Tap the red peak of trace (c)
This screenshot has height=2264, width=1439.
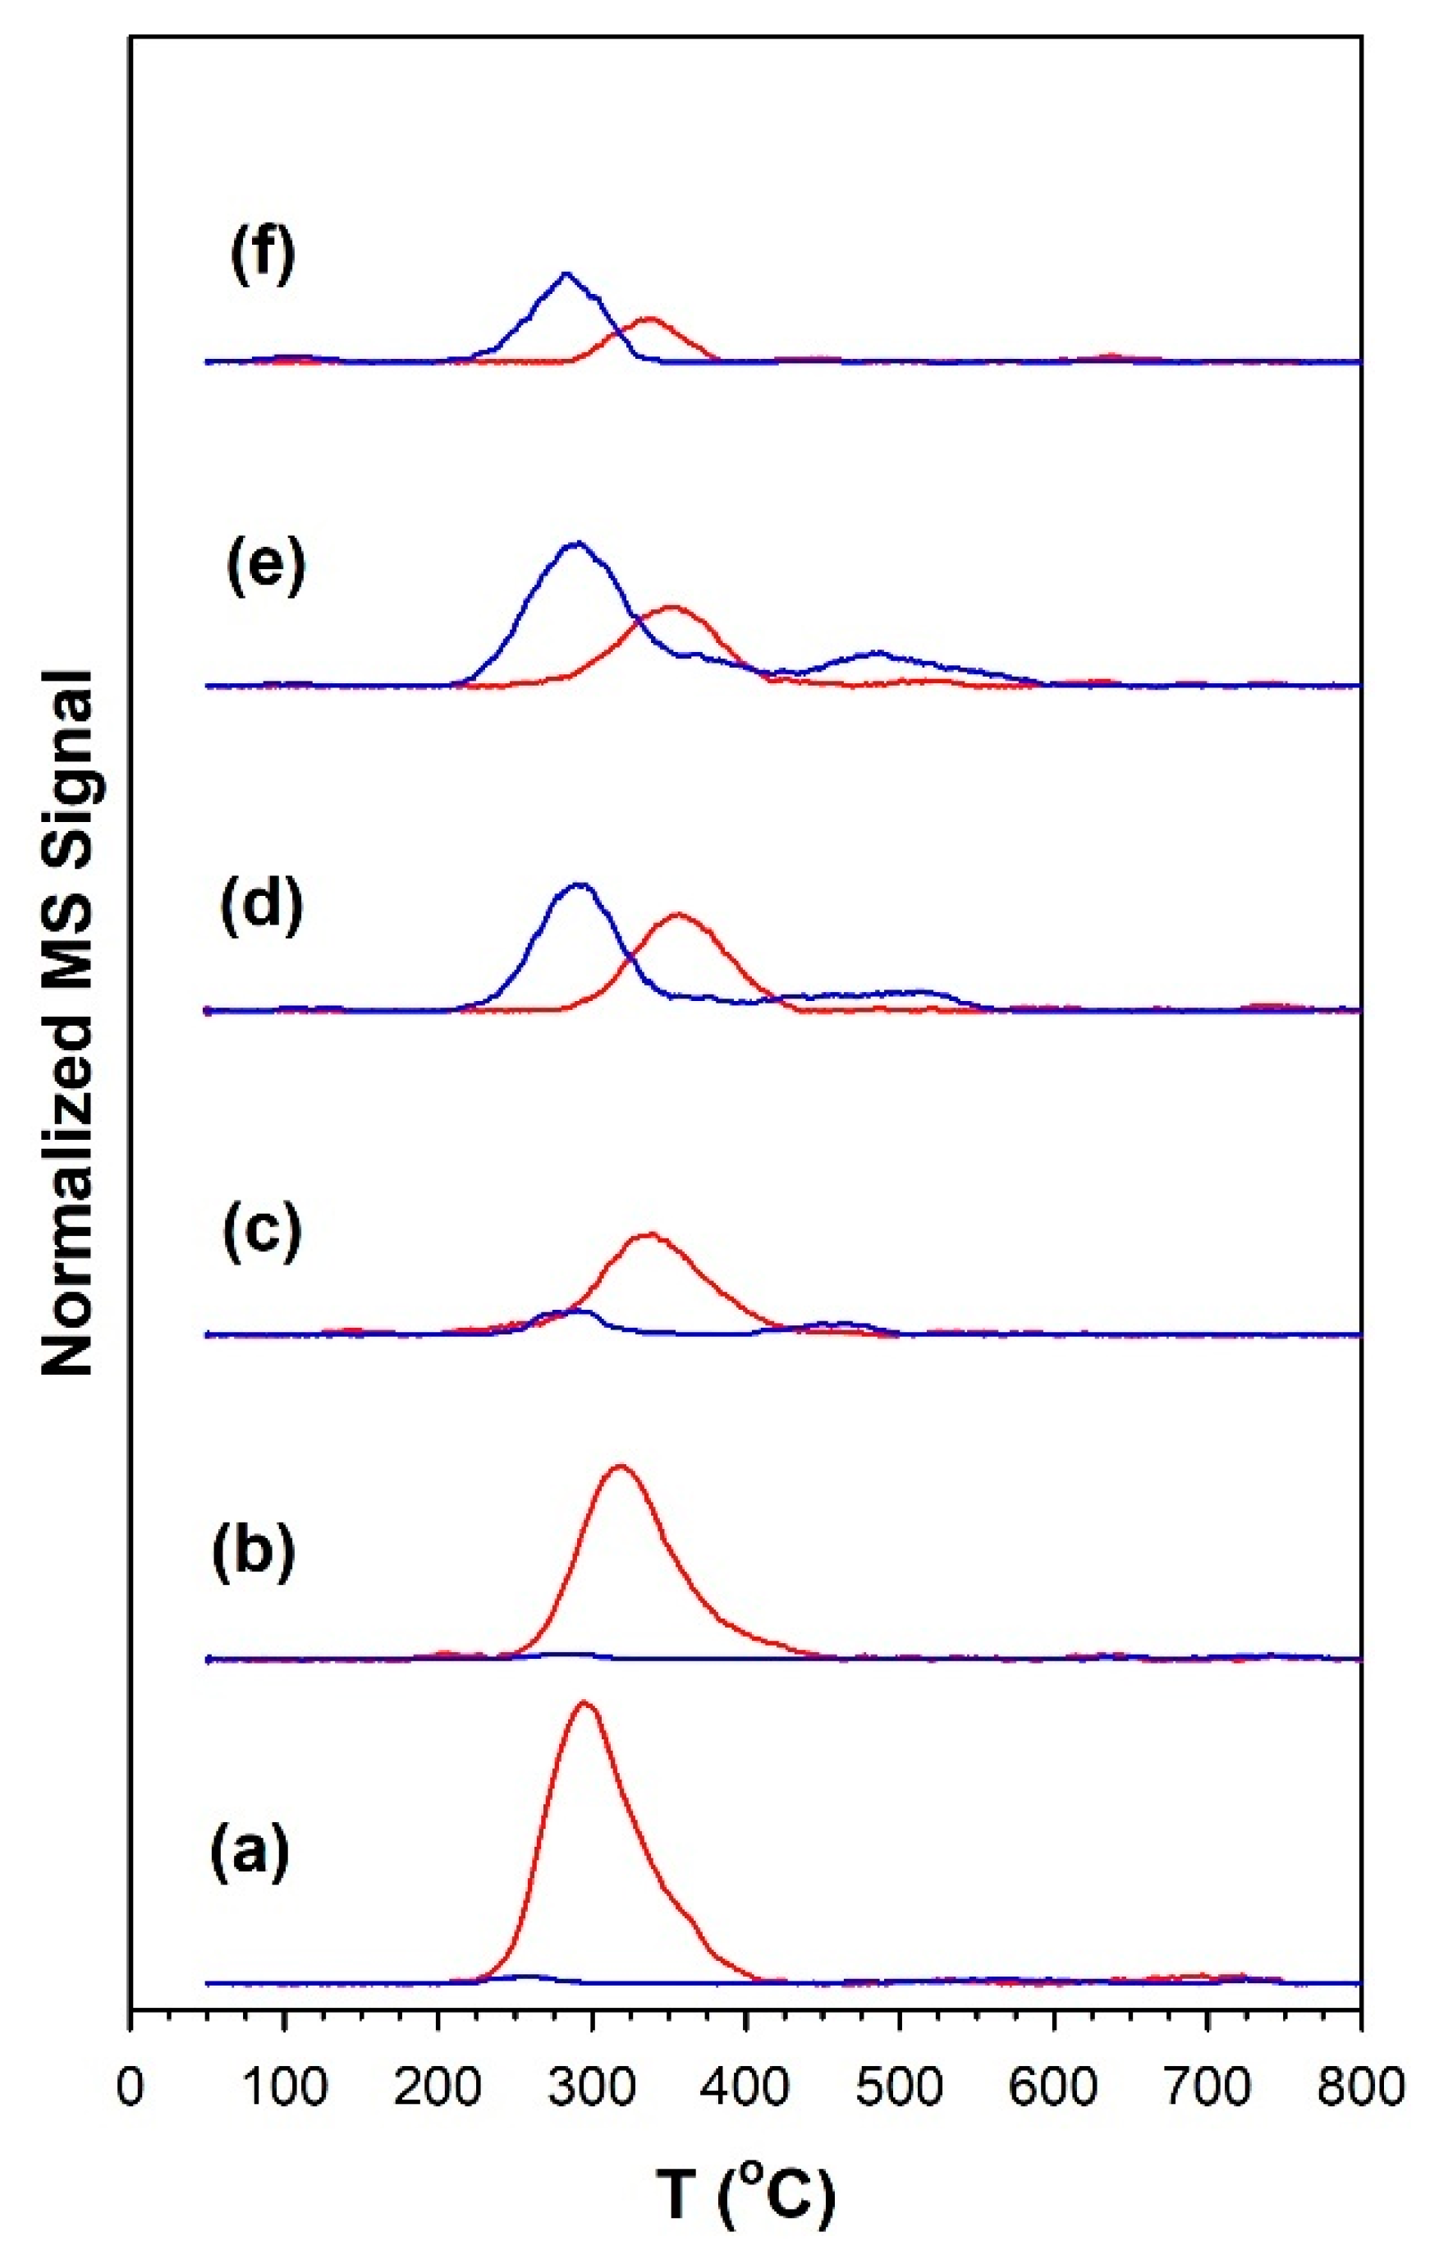click(x=648, y=1233)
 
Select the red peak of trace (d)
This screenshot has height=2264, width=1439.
click(x=678, y=914)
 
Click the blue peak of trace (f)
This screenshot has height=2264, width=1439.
click(x=565, y=273)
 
